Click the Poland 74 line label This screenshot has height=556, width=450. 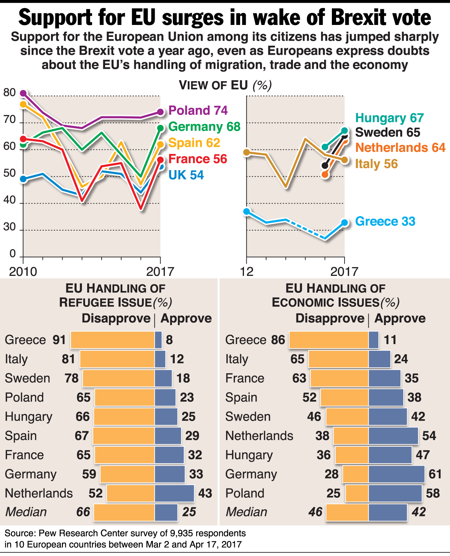tap(198, 110)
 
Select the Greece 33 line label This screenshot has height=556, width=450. tap(385, 221)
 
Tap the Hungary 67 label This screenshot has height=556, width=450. tap(390, 118)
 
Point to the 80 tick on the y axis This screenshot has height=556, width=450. tap(9, 92)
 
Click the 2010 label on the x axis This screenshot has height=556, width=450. tap(23, 272)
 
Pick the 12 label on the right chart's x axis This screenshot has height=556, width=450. tap(247, 272)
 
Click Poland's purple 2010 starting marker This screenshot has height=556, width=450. tap(23, 93)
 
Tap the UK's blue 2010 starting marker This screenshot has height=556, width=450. tap(23, 179)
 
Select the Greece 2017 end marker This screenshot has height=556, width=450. tap(345, 222)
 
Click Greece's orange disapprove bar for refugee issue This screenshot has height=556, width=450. tap(112, 340)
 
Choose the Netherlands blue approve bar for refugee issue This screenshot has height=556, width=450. tap(174, 493)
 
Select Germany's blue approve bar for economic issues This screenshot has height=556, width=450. tap(397, 474)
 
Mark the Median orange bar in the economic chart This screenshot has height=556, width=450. tap(347, 512)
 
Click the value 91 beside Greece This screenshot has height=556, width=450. tap(59, 340)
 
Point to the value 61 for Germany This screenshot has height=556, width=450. tap(435, 474)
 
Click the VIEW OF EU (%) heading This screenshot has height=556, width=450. tap(225, 85)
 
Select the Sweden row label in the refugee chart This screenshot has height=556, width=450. tap(27, 378)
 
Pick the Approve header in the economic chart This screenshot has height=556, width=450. tap(400, 318)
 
